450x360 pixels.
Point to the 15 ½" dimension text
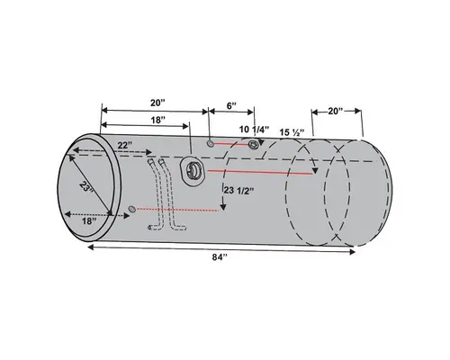point(296,132)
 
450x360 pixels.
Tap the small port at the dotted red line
point(133,209)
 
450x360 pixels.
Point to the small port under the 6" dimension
point(210,143)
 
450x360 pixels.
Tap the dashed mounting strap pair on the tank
point(159,193)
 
